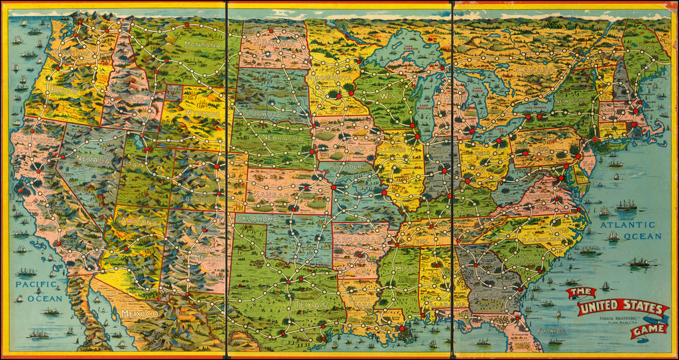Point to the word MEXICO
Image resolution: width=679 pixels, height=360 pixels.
click(139, 313)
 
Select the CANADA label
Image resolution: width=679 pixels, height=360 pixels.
click(534, 69)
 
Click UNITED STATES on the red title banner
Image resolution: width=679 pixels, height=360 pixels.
click(621, 309)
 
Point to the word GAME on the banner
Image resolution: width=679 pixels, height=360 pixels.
click(647, 330)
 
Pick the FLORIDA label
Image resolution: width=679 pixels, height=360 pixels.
click(552, 331)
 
